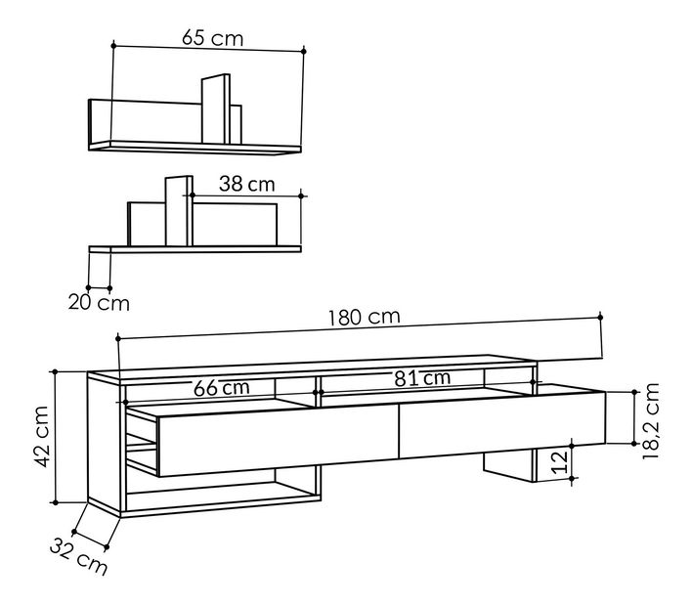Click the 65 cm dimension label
(x=212, y=38)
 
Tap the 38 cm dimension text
(x=246, y=184)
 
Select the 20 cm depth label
(x=98, y=302)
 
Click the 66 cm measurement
(x=221, y=387)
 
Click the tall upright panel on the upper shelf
(x=215, y=110)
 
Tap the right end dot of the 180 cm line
(x=600, y=316)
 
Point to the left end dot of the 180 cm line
(x=117, y=338)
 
